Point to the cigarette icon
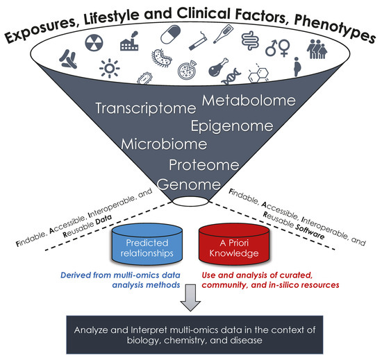point(198,48)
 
